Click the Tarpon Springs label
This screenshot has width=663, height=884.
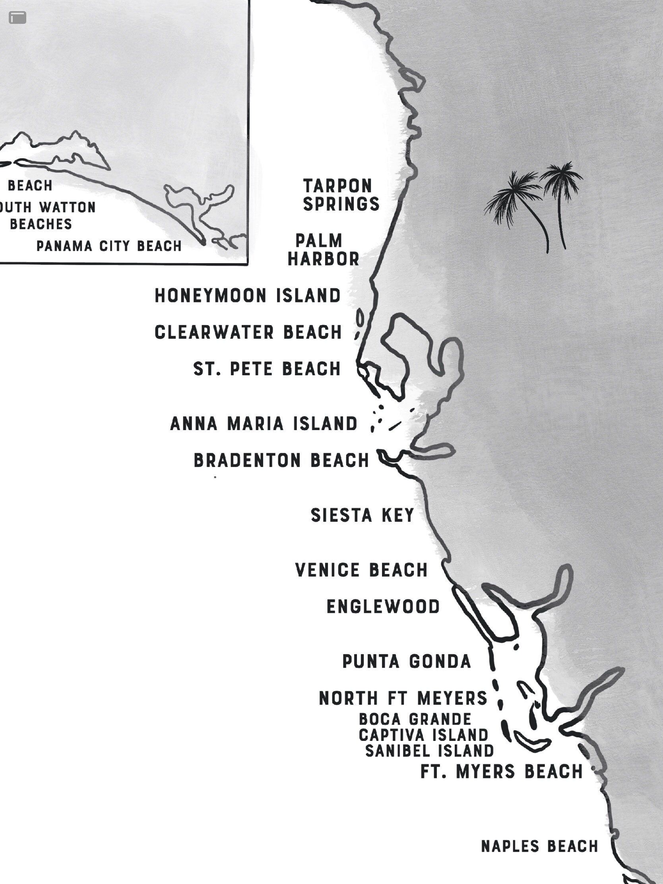pos(341,195)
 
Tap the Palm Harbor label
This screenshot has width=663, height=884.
pos(323,250)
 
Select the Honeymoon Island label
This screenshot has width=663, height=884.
pos(247,296)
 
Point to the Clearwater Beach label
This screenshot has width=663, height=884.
pos(248,332)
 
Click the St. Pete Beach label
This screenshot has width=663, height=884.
pos(267,368)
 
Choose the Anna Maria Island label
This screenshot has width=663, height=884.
pos(264,424)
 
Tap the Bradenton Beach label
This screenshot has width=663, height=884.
pos(281,460)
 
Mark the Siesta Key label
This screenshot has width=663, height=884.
pos(362,515)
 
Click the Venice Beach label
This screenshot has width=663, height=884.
pos(361,570)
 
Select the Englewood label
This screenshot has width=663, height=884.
pos(383,607)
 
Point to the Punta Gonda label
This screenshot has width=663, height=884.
pos(407,661)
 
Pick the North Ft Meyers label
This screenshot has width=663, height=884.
pos(403,698)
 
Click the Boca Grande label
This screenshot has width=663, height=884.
pos(415,719)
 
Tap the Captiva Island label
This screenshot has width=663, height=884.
pos(423,735)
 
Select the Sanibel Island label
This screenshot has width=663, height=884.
pos(430,751)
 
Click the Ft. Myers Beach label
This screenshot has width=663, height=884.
pos(502,771)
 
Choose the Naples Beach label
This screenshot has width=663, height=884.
pos(539,846)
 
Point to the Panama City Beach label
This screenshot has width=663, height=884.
pos(109,246)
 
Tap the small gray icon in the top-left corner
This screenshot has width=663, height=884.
pos(17,17)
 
